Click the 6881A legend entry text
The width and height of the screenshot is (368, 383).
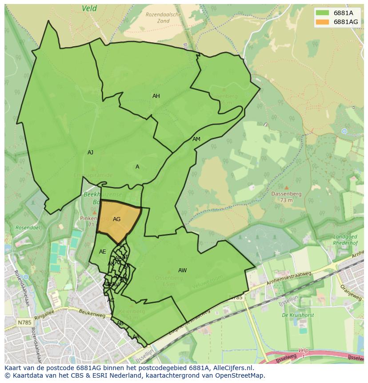(x=343, y=13)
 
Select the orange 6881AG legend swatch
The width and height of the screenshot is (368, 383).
(x=323, y=22)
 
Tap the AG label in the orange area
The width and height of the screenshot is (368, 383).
(x=116, y=219)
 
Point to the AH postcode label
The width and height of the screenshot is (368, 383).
(x=156, y=96)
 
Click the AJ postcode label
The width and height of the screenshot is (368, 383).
(x=91, y=153)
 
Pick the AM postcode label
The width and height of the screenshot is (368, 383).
(x=196, y=139)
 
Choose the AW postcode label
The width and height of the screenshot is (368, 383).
(x=182, y=270)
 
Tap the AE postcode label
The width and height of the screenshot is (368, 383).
(x=103, y=252)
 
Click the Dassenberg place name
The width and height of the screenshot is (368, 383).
(x=286, y=194)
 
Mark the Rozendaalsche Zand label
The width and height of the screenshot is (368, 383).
(x=163, y=18)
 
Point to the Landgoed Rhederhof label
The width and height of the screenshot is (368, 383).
(x=346, y=240)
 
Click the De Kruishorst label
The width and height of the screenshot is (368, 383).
(x=298, y=315)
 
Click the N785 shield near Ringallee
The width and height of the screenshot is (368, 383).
(x=23, y=322)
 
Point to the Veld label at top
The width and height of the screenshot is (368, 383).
(x=89, y=8)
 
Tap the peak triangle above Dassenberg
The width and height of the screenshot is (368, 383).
(x=286, y=188)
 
